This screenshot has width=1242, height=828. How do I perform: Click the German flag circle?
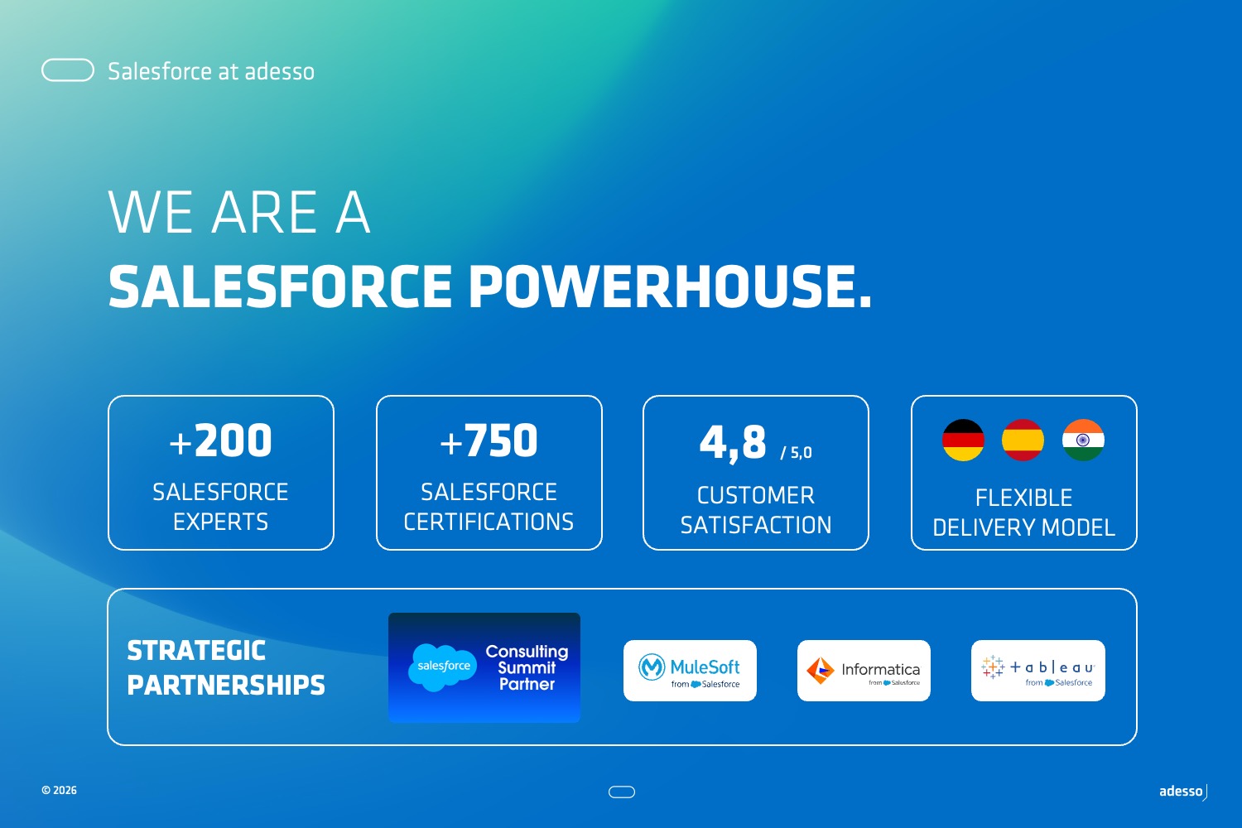[963, 440]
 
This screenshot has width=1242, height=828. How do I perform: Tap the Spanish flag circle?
[1023, 440]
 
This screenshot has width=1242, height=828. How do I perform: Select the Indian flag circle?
[1083, 440]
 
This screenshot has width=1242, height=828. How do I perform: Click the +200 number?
[221, 440]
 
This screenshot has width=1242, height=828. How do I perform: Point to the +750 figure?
[489, 440]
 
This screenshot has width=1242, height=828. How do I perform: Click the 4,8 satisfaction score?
[733, 443]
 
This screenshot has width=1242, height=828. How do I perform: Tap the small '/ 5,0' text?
[797, 453]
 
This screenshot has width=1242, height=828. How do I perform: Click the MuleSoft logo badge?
[690, 671]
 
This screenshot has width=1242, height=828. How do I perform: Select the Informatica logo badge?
[864, 671]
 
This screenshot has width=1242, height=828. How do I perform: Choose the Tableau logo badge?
[1038, 671]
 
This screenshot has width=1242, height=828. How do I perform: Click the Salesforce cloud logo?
[442, 667]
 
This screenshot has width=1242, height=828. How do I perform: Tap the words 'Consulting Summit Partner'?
[527, 667]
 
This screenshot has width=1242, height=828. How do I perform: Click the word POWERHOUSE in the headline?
[671, 286]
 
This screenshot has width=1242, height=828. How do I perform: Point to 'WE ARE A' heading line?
[239, 212]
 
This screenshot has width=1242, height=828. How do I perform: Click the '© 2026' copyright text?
[60, 790]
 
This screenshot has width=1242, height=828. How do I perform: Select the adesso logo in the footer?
[1183, 792]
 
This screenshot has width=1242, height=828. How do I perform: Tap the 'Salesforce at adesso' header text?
[211, 71]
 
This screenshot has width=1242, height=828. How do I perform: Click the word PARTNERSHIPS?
[226, 685]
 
